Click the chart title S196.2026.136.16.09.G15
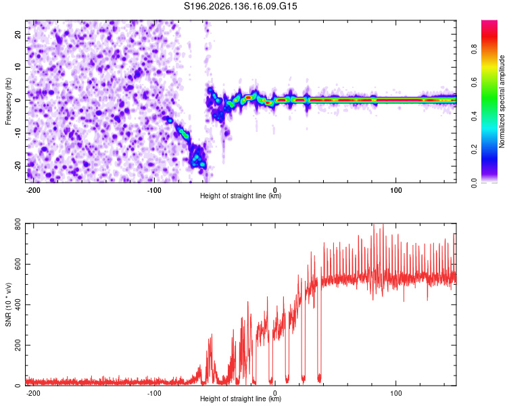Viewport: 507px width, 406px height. (x=240, y=6)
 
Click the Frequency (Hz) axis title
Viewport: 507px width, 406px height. (x=8, y=101)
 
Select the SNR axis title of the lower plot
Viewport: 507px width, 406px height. (x=8, y=304)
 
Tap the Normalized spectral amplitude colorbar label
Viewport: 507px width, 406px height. (x=502, y=101)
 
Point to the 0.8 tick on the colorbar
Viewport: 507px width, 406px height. (x=475, y=49)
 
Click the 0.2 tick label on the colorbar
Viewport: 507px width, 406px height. (x=475, y=150)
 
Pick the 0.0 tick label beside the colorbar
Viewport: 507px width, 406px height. (x=475, y=183)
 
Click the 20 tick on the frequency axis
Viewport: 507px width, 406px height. (x=18, y=35)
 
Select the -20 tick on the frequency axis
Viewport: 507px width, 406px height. (x=18, y=166)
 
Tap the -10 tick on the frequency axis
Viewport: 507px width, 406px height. (x=18, y=133)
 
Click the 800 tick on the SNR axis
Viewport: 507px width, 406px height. (x=18, y=224)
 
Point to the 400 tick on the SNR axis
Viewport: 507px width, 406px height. (x=18, y=304)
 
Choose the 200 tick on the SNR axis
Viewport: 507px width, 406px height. (x=18, y=345)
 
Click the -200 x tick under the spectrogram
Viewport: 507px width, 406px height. (x=33, y=190)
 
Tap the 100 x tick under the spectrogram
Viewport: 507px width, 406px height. (x=395, y=190)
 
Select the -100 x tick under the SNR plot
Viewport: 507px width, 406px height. (x=154, y=393)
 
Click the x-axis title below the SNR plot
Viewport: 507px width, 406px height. (x=241, y=399)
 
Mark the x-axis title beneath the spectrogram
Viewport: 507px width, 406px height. (x=241, y=196)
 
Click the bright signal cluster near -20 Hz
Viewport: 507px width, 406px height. (x=197, y=158)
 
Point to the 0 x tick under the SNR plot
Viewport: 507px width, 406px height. (x=275, y=393)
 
